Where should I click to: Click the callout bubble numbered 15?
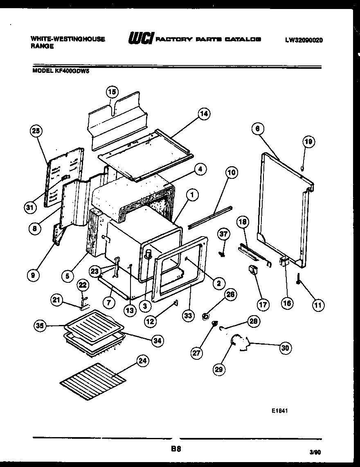pyautogui.click(x=112, y=92)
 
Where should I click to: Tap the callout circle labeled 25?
pyautogui.click(x=36, y=131)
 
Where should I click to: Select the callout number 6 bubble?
pyautogui.click(x=257, y=129)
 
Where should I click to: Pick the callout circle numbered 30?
pyautogui.click(x=286, y=348)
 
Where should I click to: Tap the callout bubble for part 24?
pyautogui.click(x=143, y=361)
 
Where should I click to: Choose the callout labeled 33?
pyautogui.click(x=189, y=316)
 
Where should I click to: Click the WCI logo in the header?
pyautogui.click(x=141, y=39)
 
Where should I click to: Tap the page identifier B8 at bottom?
pyautogui.click(x=176, y=449)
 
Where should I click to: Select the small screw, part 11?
pyautogui.click(x=299, y=279)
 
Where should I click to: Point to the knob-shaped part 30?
pyautogui.click(x=239, y=343)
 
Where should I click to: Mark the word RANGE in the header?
pyautogui.click(x=42, y=46)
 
